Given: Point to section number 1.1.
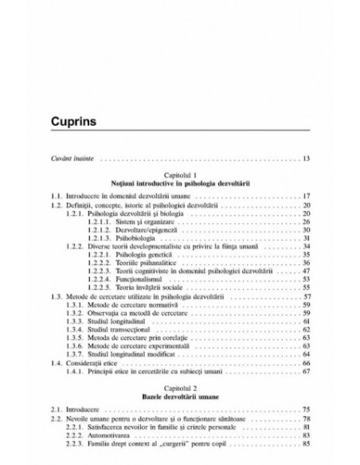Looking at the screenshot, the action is (x=55, y=195).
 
